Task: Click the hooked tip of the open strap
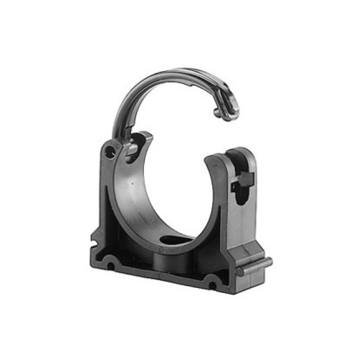[219, 114]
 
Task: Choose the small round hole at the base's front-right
[212, 280]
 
